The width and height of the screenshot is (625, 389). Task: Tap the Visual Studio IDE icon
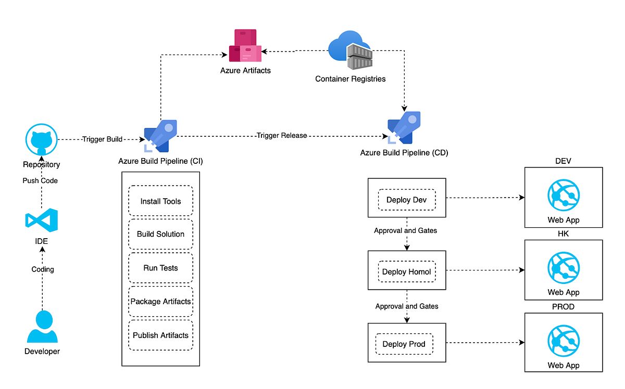[42, 221]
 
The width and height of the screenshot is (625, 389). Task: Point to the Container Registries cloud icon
[350, 51]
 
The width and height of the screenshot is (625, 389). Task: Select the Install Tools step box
[160, 201]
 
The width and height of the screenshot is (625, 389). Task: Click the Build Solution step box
[160, 234]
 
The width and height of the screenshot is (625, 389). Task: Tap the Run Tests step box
[160, 268]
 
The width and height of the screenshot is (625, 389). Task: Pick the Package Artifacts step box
[160, 302]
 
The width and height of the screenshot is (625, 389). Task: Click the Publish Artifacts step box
[160, 335]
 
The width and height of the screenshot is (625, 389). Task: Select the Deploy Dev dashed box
[406, 200]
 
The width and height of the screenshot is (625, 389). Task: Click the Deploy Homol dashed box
[406, 271]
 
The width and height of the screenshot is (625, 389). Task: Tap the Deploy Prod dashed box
[404, 344]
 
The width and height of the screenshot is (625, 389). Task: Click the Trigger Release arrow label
[281, 136]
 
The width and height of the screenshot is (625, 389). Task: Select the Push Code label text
[40, 180]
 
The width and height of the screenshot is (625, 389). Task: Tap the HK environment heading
[563, 234]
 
